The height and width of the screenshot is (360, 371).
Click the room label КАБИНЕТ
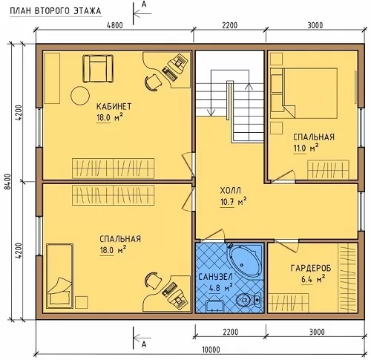tap(114, 107)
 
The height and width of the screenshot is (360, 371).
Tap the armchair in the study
tap(98, 68)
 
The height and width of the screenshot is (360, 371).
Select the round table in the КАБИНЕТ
tap(80, 96)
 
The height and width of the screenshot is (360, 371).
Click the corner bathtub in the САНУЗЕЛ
tap(246, 261)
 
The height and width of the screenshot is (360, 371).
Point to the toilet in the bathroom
tap(248, 300)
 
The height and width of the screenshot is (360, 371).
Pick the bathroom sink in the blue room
tap(214, 307)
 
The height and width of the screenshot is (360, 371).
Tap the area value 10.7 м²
tap(233, 202)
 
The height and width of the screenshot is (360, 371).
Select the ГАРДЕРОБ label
tap(311, 269)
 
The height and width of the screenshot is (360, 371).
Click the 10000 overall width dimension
tap(211, 350)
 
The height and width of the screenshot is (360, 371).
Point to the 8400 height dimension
tap(8, 182)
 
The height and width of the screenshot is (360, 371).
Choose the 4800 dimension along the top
tap(114, 25)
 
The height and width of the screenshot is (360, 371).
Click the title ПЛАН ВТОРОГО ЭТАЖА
tap(56, 11)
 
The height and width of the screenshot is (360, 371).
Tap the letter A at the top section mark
tap(144, 5)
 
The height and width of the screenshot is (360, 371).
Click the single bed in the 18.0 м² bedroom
tap(60, 276)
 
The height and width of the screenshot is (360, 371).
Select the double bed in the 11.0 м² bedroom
tap(304, 94)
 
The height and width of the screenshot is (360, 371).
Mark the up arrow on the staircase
tap(249, 99)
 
